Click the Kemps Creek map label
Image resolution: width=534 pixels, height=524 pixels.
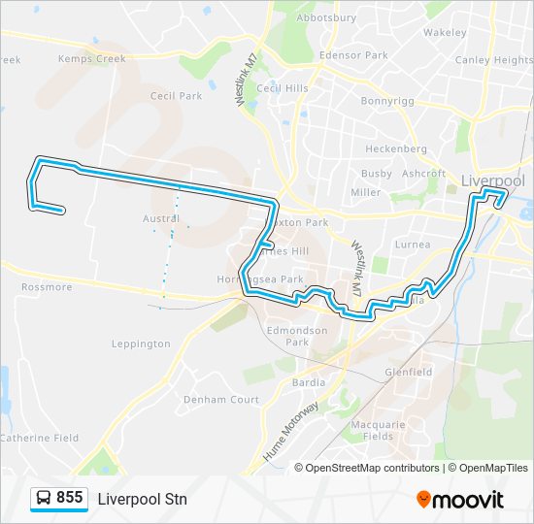tap(92, 59)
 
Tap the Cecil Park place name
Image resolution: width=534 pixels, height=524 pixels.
tap(176, 96)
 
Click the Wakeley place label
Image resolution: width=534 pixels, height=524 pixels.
tap(445, 32)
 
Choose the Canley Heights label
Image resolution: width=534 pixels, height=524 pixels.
tap(494, 60)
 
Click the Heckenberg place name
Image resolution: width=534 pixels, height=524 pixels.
tap(396, 149)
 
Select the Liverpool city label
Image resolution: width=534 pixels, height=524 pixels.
tap(492, 180)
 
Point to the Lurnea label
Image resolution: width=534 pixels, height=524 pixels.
tap(413, 246)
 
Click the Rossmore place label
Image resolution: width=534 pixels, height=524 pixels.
tap(47, 287)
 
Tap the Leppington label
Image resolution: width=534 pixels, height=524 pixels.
tap(141, 344)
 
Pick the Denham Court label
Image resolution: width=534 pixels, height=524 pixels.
tap(223, 400)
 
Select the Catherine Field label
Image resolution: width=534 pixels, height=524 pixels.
tap(40, 439)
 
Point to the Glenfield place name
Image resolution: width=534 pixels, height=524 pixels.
tap(408, 372)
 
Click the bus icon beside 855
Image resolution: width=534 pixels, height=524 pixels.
tap(44, 499)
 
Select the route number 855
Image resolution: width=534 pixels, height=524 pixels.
tap(70, 498)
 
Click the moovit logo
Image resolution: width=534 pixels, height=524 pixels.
tap(460, 500)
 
